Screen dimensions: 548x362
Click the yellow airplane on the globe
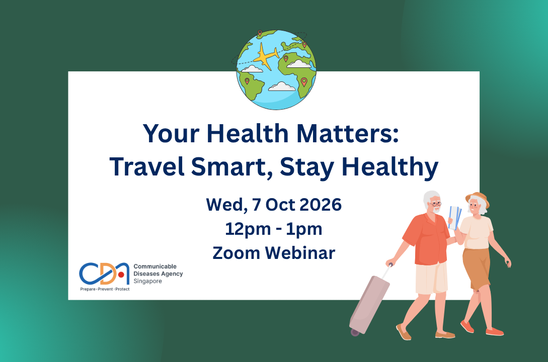point(266,56)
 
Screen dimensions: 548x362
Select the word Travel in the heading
point(147,166)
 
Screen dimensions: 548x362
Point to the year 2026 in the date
point(321,205)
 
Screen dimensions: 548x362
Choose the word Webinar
point(300,253)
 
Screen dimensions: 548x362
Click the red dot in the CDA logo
point(121,275)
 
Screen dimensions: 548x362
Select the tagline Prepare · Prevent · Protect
point(105,289)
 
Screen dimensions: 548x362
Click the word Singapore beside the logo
point(147,281)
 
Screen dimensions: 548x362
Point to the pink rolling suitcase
point(370,303)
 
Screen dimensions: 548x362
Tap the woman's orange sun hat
point(478,199)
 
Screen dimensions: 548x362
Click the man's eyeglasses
point(435,204)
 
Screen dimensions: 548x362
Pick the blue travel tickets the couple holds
point(455,218)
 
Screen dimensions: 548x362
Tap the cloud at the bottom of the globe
point(282,86)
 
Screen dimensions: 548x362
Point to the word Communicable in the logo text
point(155,266)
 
